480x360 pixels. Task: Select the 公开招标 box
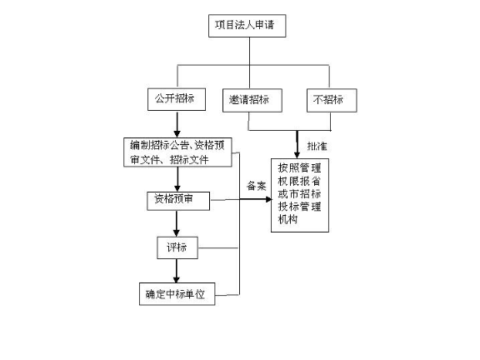tap(173, 98)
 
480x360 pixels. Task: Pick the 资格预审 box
tap(176, 200)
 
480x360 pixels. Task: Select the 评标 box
tap(176, 247)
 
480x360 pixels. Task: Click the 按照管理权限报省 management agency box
tap(298, 193)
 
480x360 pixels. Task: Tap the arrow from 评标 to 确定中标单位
tap(176, 270)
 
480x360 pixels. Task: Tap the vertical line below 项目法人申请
tap(250, 52)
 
